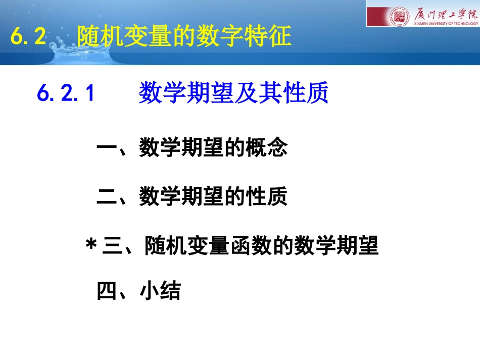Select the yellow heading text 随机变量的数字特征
click(x=184, y=36)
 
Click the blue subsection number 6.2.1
click(x=66, y=93)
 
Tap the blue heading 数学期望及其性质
click(x=233, y=93)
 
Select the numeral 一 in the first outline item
click(x=107, y=149)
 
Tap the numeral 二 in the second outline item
click(x=107, y=196)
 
